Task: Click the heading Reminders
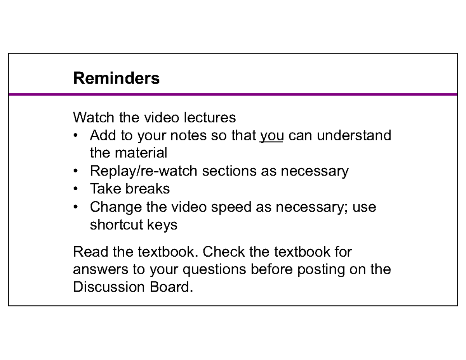pos(116,78)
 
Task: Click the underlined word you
pos(271,136)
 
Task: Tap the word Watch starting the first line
pos(94,117)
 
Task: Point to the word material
pos(141,153)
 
